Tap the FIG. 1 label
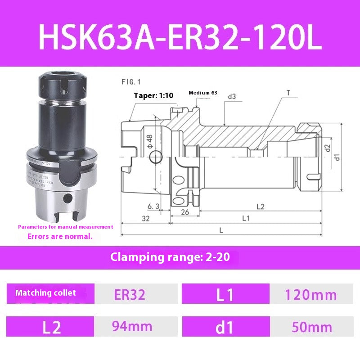(x=131, y=82)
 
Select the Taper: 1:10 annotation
(x=153, y=95)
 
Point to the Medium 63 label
(x=202, y=93)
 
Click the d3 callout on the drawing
(x=232, y=96)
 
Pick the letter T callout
(x=288, y=94)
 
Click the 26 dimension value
(x=184, y=212)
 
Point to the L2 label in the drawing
(x=260, y=207)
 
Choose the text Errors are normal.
(x=60, y=236)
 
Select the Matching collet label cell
(x=46, y=293)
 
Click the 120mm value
(x=310, y=295)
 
